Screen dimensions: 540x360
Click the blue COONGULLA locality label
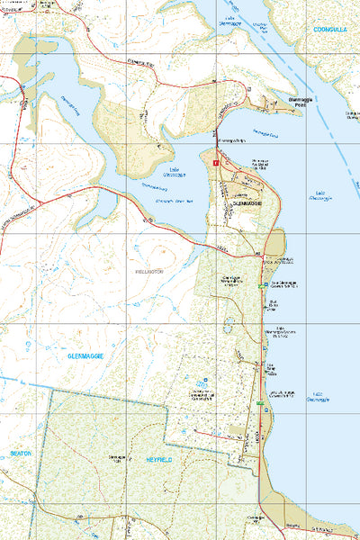pyautogui.click(x=329, y=30)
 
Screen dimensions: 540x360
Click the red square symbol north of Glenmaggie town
pyautogui.click(x=216, y=162)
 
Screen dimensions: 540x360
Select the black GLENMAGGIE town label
pyautogui.click(x=246, y=204)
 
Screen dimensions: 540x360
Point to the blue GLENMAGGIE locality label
pyautogui.click(x=85, y=356)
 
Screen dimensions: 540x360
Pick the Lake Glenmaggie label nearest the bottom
pyautogui.click(x=318, y=396)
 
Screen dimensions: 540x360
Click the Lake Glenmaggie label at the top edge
pyautogui.click(x=229, y=20)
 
